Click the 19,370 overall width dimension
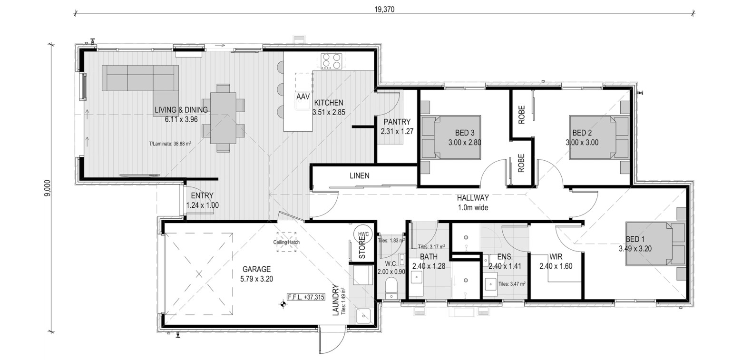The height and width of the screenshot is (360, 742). (384, 9)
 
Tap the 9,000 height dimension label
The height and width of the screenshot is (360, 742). (48, 188)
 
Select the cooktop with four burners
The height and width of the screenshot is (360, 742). (331, 61)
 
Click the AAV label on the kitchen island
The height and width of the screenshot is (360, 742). (303, 97)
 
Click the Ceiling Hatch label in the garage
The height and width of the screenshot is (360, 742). (286, 242)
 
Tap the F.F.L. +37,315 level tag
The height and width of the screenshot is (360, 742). (306, 297)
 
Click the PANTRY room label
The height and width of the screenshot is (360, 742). (397, 122)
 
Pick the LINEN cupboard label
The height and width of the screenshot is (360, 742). (360, 176)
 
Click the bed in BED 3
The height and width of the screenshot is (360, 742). (451, 137)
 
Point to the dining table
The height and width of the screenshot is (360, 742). (223, 118)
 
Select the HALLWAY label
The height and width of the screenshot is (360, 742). (473, 198)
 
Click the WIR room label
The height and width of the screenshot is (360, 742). (556, 257)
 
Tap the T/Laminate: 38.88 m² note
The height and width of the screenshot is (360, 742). (170, 144)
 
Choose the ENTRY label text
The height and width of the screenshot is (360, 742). (202, 196)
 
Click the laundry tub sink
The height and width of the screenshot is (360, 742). (363, 316)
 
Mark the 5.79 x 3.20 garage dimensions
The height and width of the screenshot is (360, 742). (257, 279)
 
